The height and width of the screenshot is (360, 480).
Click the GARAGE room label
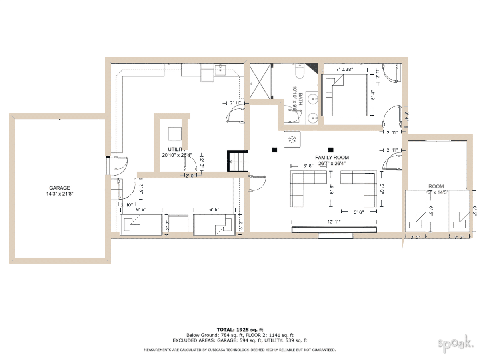click(60, 188)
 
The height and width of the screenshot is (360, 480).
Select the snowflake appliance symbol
click(292, 139)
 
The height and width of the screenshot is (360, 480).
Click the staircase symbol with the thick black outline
click(238, 161)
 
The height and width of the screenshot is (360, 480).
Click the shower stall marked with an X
click(260, 82)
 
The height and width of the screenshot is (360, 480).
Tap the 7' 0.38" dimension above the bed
click(344, 69)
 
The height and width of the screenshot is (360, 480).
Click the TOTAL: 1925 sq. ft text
click(240, 329)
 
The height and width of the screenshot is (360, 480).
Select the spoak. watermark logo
click(456, 343)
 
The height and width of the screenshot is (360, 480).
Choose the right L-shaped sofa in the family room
click(359, 188)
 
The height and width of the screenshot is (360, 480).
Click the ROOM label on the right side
click(436, 186)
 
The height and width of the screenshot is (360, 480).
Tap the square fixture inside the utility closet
click(174, 133)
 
